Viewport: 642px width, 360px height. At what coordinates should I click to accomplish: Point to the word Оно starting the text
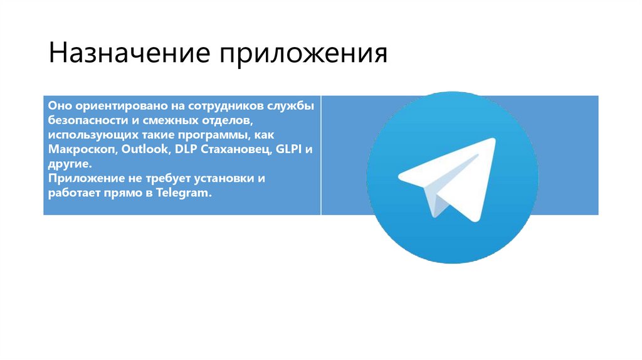[x=59, y=104]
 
